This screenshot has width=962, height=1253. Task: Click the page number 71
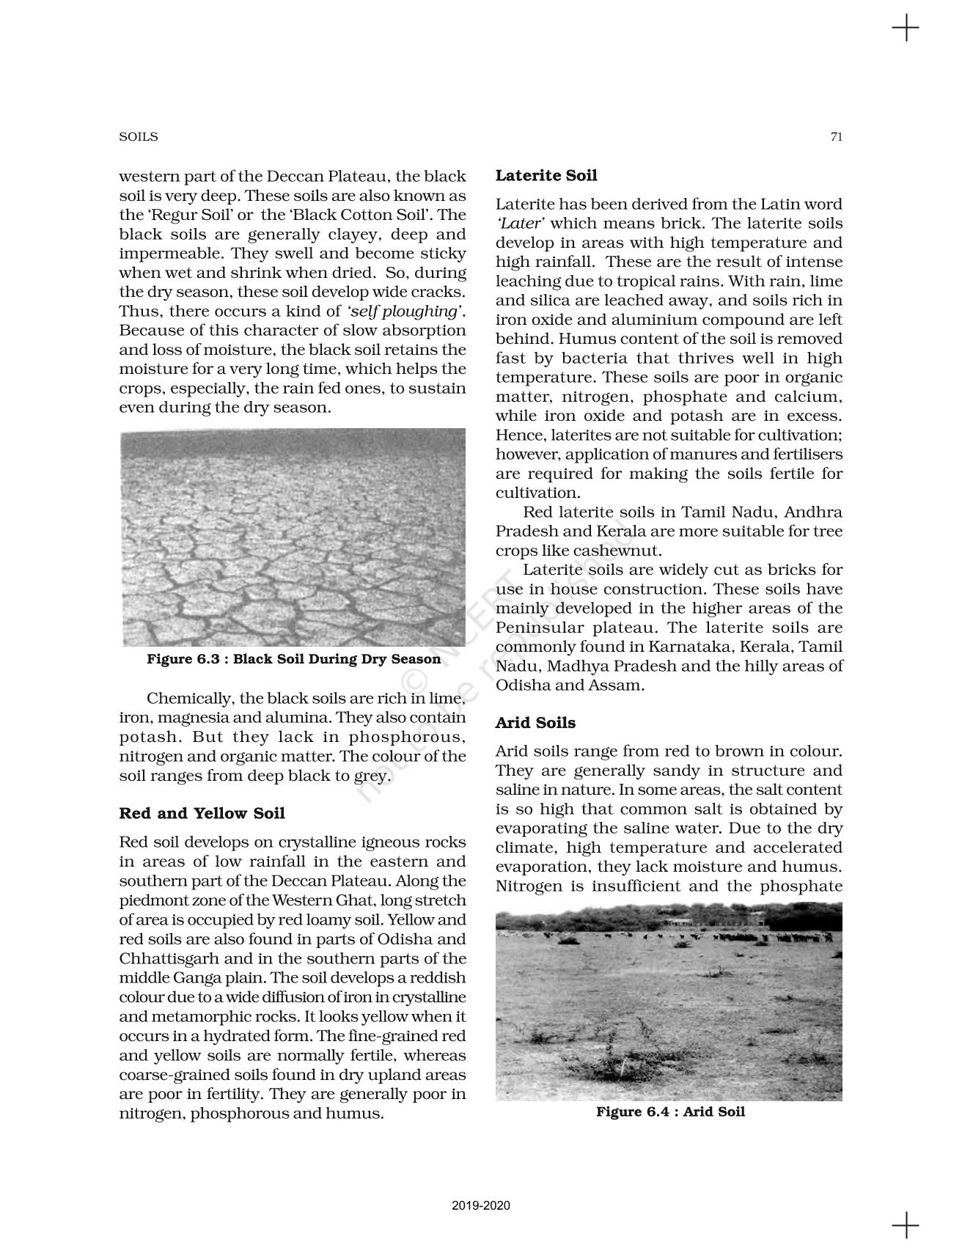(836, 137)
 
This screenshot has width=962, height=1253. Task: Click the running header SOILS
(139, 137)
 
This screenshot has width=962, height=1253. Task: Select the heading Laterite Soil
(546, 175)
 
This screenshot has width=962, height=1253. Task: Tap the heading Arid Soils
(535, 723)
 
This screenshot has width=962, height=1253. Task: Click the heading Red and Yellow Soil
(202, 813)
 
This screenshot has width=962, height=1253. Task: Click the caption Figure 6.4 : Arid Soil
(670, 1111)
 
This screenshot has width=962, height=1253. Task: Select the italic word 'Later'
(520, 224)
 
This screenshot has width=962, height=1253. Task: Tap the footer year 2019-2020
(481, 1206)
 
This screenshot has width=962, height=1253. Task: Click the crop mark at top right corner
(906, 29)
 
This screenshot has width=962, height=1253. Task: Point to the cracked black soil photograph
(292, 537)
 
